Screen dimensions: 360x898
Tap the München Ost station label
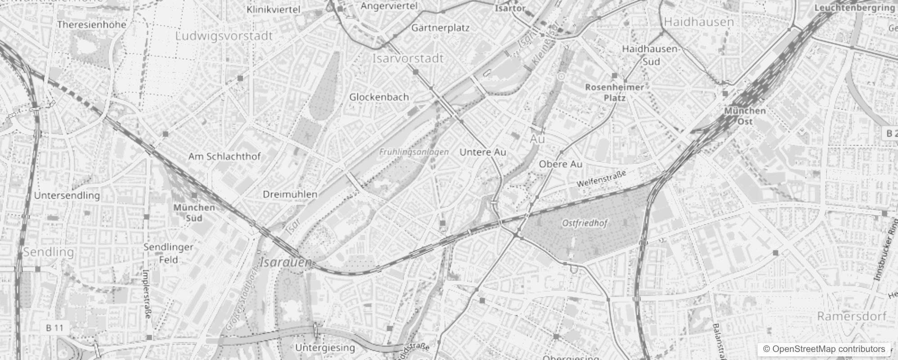(745, 116)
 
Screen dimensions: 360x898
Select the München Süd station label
(194, 213)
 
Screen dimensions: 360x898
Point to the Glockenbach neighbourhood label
(379, 97)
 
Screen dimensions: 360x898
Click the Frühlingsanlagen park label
(413, 152)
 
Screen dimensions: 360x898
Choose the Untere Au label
(482, 152)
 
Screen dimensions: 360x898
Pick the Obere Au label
(560, 164)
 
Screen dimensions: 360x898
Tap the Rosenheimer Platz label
(615, 92)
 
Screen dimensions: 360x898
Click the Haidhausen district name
(699, 22)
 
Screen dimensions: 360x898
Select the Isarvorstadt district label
(408, 58)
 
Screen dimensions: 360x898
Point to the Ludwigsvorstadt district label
(224, 36)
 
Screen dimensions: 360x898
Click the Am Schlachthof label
(224, 157)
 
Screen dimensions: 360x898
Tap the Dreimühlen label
(290, 194)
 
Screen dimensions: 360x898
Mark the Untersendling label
(67, 195)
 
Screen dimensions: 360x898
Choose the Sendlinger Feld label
(168, 253)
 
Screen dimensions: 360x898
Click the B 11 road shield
(55, 328)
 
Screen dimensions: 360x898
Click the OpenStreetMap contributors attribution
(823, 349)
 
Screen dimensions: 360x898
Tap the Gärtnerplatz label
(440, 28)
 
